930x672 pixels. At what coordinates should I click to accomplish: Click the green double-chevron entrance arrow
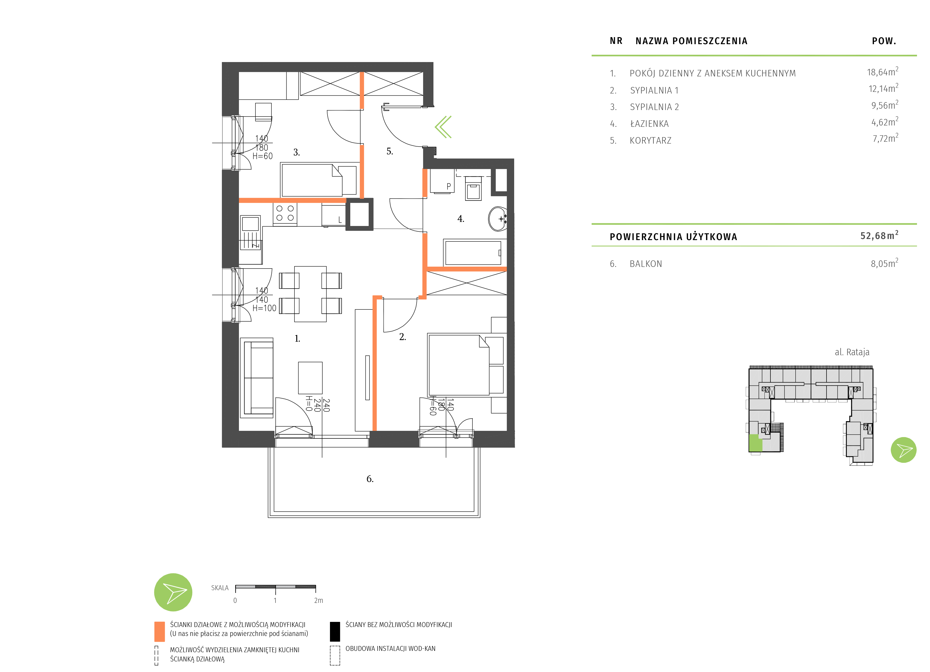pos(443,127)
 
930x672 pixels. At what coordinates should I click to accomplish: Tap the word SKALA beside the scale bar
pos(220,588)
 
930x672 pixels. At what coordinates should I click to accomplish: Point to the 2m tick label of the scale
pos(319,601)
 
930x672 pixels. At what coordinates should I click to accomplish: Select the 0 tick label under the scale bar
pos(235,601)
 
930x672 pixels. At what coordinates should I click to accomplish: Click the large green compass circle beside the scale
pos(173,592)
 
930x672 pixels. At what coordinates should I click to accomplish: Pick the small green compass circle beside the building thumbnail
pos(903,450)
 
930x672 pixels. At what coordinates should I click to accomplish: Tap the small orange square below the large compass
pos(160,632)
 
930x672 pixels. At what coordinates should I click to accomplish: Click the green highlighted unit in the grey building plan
pos(755,443)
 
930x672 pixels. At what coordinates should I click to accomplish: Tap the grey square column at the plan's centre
pos(359,214)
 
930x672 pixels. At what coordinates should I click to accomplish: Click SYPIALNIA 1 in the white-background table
pos(654,90)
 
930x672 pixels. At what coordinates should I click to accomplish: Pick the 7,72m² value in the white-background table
pos(885,139)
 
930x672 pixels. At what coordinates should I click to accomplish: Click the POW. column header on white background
pos(884,41)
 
